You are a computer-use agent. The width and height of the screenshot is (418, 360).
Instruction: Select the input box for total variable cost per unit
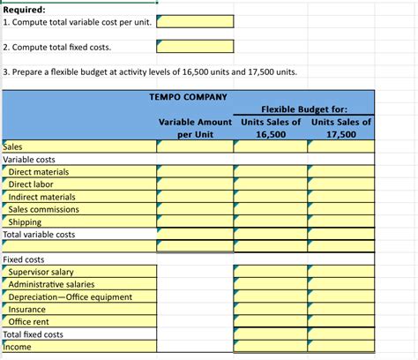195,20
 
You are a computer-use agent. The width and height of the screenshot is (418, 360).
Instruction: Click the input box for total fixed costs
195,45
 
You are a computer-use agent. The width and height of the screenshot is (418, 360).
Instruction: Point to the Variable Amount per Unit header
195,128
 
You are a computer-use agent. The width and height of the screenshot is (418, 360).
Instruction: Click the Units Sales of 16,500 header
271,128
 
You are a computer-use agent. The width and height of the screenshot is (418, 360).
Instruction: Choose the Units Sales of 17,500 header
341,128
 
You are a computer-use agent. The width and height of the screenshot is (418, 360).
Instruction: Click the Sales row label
14,146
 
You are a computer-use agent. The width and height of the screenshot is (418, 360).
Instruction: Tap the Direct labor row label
32,184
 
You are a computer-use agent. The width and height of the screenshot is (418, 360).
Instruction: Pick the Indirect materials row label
41,197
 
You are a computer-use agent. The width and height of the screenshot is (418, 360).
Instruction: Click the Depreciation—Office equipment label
70,296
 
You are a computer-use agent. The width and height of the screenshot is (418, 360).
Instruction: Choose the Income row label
17,347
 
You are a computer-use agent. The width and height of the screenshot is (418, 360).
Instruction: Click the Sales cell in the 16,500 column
271,146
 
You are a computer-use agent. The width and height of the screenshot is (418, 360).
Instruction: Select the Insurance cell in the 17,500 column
341,310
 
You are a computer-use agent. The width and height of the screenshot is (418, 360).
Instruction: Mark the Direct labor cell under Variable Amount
195,184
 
